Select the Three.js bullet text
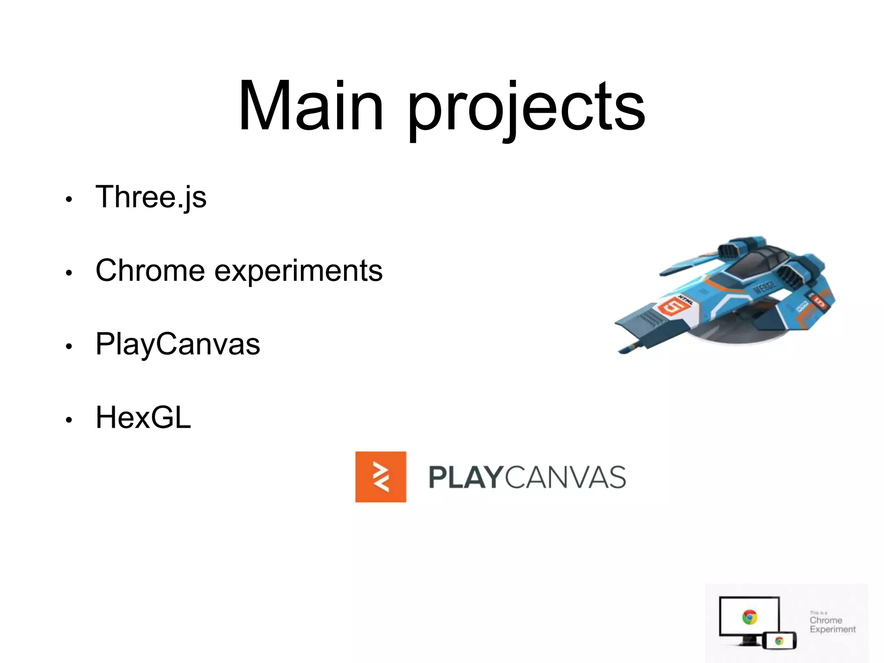tap(151, 197)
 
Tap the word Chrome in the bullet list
tap(150, 271)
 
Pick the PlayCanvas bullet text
tap(177, 344)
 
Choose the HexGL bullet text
tap(143, 418)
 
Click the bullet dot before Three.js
tap(68, 199)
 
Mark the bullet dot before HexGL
tap(68, 420)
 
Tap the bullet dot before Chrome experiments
tap(68, 273)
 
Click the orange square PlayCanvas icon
tap(380, 477)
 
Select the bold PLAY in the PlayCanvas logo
tap(465, 477)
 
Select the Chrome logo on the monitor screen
tap(749, 617)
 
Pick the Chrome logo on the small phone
tap(779, 641)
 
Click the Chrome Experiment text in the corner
tap(832, 625)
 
